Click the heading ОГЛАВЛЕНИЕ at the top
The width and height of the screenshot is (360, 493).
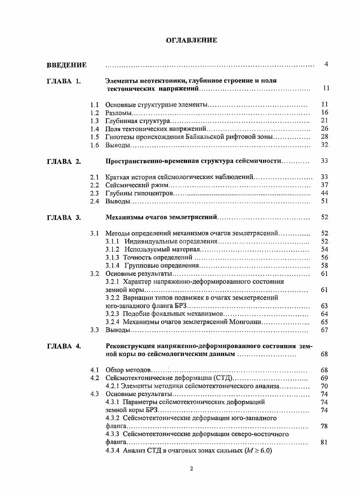(x=191, y=41)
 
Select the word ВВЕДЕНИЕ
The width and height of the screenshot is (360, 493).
(x=66, y=65)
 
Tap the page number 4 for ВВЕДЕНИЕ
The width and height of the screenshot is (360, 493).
(x=326, y=65)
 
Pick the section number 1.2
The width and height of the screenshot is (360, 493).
(x=95, y=112)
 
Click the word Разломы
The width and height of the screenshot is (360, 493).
(x=118, y=112)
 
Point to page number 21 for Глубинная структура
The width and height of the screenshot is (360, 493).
(x=325, y=120)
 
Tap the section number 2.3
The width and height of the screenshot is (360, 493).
(x=95, y=193)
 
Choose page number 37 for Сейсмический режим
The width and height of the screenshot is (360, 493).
(x=325, y=185)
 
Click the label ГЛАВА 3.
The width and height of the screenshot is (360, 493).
(x=64, y=218)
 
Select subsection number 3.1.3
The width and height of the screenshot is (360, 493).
(x=112, y=258)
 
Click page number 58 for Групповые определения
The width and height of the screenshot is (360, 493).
(x=325, y=265)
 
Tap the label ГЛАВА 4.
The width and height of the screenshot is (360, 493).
(x=64, y=346)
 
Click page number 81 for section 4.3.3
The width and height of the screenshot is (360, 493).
(x=325, y=442)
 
